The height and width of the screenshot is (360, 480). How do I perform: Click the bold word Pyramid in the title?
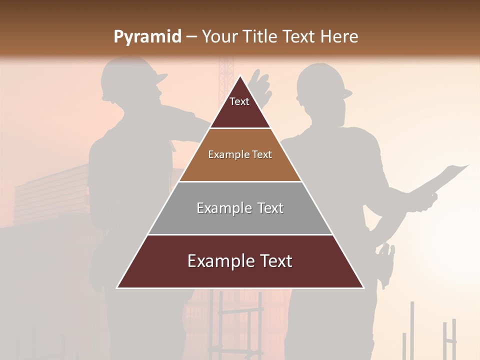pos(147,37)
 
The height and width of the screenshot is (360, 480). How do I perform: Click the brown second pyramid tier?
pos(240,155)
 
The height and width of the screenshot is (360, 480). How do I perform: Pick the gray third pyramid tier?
pos(240,208)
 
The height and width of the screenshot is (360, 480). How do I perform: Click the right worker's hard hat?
pos(322,80)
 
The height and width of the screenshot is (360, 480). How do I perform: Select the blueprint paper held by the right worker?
pos(447,177)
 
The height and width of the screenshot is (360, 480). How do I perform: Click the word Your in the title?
pos(218,37)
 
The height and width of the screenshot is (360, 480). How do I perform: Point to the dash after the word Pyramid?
pos(191,37)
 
